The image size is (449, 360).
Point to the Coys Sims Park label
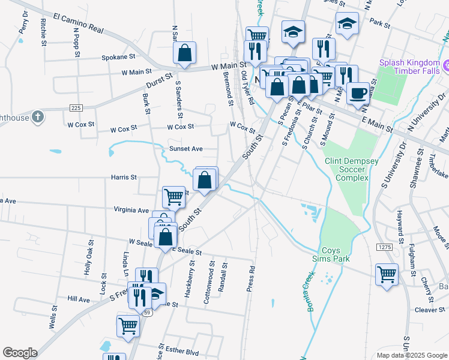pyautogui.click(x=336, y=254)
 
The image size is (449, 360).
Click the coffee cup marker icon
pyautogui.click(x=358, y=93)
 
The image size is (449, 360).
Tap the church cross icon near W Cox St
pyautogui.click(x=37, y=116)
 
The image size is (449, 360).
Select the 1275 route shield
pyautogui.click(x=385, y=247)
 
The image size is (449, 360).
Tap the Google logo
pyautogui.click(x=20, y=353)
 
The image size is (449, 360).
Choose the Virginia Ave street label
pyautogui.click(x=131, y=211)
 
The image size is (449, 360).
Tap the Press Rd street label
pyautogui.click(x=252, y=279)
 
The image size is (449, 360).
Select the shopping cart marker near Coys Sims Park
pyautogui.click(x=387, y=275)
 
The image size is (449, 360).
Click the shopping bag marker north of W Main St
pyautogui.click(x=185, y=53)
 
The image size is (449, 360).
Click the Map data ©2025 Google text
pyautogui.click(x=411, y=355)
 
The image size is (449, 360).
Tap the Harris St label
pyautogui.click(x=124, y=178)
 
